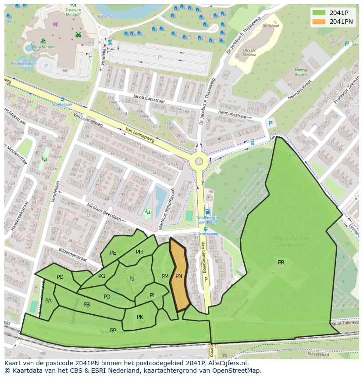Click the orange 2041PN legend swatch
[319, 22]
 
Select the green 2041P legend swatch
[319, 13]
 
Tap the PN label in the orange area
[179, 276]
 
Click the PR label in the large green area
[281, 263]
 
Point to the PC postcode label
[60, 277]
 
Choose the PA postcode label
[48, 301]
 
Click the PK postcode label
[140, 317]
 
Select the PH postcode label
[139, 252]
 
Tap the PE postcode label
[113, 253]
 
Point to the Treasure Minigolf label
[73, 11]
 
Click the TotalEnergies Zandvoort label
[208, 220]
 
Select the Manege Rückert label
[301, 72]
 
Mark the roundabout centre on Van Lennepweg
[199, 161]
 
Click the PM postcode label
[165, 277]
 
